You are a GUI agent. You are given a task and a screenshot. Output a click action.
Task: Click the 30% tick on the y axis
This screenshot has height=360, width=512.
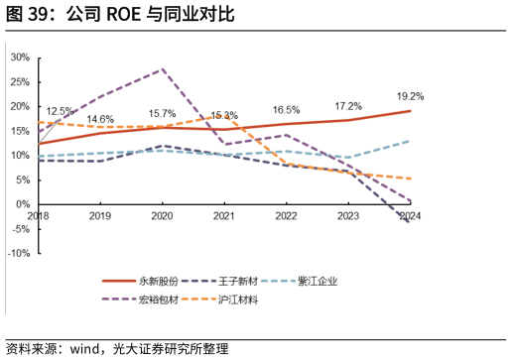click(x=20, y=58)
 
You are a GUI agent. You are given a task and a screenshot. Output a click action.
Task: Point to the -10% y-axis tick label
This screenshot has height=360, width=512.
click(x=18, y=253)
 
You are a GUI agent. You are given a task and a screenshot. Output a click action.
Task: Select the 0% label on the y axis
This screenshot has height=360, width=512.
click(x=23, y=204)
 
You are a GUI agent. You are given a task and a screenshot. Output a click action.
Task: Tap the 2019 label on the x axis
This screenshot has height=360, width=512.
click(x=100, y=215)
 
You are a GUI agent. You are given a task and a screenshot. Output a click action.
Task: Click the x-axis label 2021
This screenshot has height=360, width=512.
click(x=224, y=215)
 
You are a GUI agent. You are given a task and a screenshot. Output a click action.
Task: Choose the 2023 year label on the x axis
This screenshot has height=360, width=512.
click(x=348, y=215)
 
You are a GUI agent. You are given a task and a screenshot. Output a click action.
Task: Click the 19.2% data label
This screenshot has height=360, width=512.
click(x=410, y=97)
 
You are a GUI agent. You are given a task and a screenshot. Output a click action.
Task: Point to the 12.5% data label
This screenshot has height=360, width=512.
click(x=60, y=111)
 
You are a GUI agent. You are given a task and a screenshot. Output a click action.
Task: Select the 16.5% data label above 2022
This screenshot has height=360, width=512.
click(x=286, y=110)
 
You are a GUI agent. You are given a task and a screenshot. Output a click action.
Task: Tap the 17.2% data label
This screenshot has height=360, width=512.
click(x=348, y=106)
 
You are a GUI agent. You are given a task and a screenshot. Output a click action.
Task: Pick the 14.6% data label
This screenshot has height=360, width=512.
click(x=100, y=120)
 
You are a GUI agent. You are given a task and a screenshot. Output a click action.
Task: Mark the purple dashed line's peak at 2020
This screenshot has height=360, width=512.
click(x=163, y=69)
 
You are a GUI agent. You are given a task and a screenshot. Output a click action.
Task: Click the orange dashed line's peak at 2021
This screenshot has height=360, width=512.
click(x=224, y=116)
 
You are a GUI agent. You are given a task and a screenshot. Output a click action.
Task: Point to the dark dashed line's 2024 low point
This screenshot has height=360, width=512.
click(x=410, y=222)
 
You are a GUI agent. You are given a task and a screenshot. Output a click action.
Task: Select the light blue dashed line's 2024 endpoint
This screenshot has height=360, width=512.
click(x=410, y=141)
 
